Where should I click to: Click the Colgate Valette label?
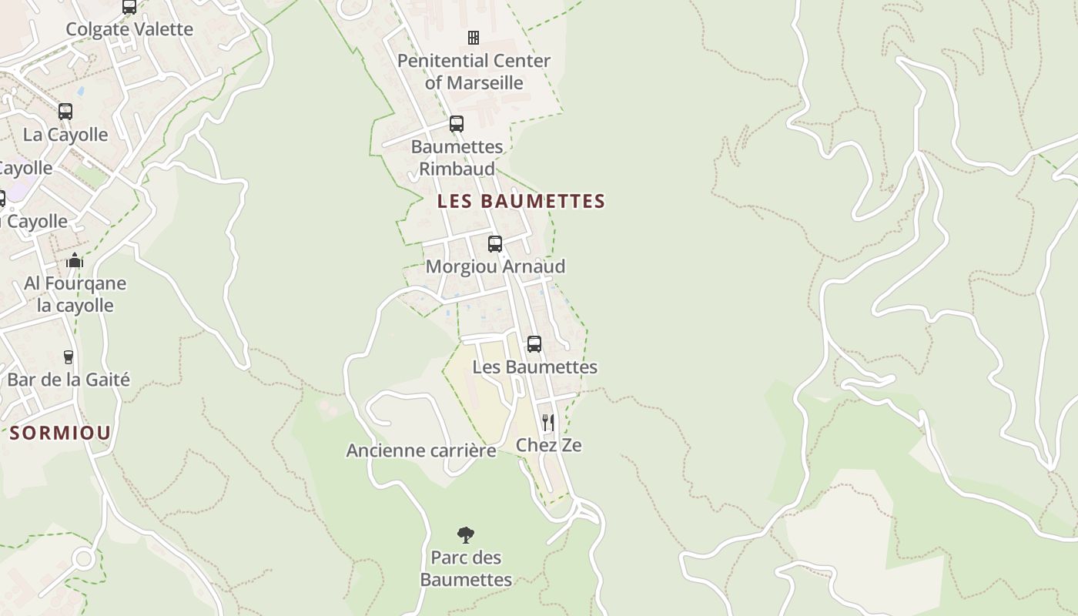pos(129,29)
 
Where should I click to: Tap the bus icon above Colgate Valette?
pos(129,7)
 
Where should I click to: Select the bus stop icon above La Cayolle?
pos(65,112)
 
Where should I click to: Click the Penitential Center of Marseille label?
pos(474,72)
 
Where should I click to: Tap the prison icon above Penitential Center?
pos(474,37)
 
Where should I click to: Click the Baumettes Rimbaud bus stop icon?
pos(457,124)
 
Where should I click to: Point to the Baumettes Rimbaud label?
pos(457,157)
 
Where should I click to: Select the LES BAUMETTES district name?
pos(521,202)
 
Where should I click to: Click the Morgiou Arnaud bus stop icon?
pos(495,244)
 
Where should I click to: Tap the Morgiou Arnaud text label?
pos(495,266)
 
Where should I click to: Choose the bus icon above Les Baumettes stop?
pos(534,344)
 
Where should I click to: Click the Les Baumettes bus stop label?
pos(534,367)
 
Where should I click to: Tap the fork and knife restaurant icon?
pos(547,422)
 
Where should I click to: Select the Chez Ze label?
pos(548,445)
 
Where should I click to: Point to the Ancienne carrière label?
pos(421,450)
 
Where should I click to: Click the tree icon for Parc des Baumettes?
pos(466,534)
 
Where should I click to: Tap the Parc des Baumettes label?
pos(466,568)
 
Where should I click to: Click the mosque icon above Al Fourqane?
pos(75,260)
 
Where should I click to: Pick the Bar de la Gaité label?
pos(69,380)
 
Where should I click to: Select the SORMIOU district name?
pos(60,433)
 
